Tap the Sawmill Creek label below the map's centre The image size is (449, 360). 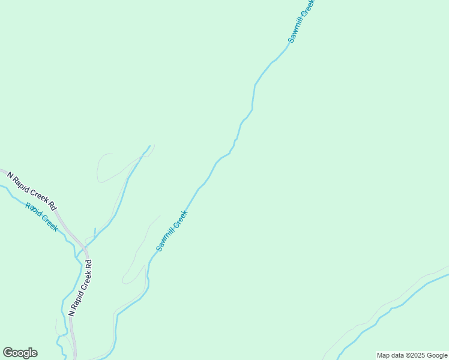[172, 230]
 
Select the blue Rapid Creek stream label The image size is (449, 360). [41, 217]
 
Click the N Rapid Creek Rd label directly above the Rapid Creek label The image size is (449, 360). [32, 190]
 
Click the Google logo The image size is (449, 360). [20, 353]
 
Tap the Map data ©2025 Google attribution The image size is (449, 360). [412, 355]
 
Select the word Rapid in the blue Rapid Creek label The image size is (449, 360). [34, 211]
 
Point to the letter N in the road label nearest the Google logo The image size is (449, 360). [72, 313]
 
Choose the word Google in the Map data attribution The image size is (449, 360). [438, 355]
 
